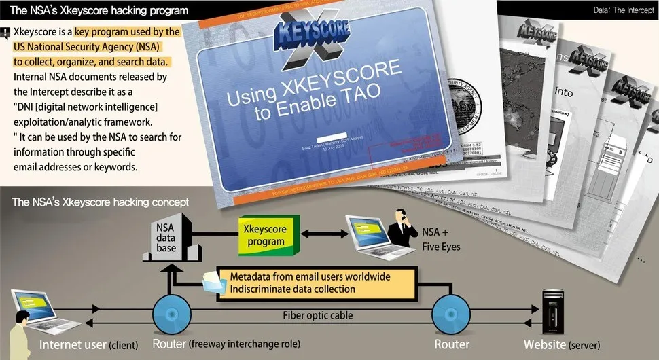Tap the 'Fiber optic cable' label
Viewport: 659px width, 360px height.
point(318,315)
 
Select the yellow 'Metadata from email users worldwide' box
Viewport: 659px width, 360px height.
point(310,283)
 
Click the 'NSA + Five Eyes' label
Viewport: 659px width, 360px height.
point(441,240)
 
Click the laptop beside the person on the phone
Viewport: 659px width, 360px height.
point(366,232)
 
